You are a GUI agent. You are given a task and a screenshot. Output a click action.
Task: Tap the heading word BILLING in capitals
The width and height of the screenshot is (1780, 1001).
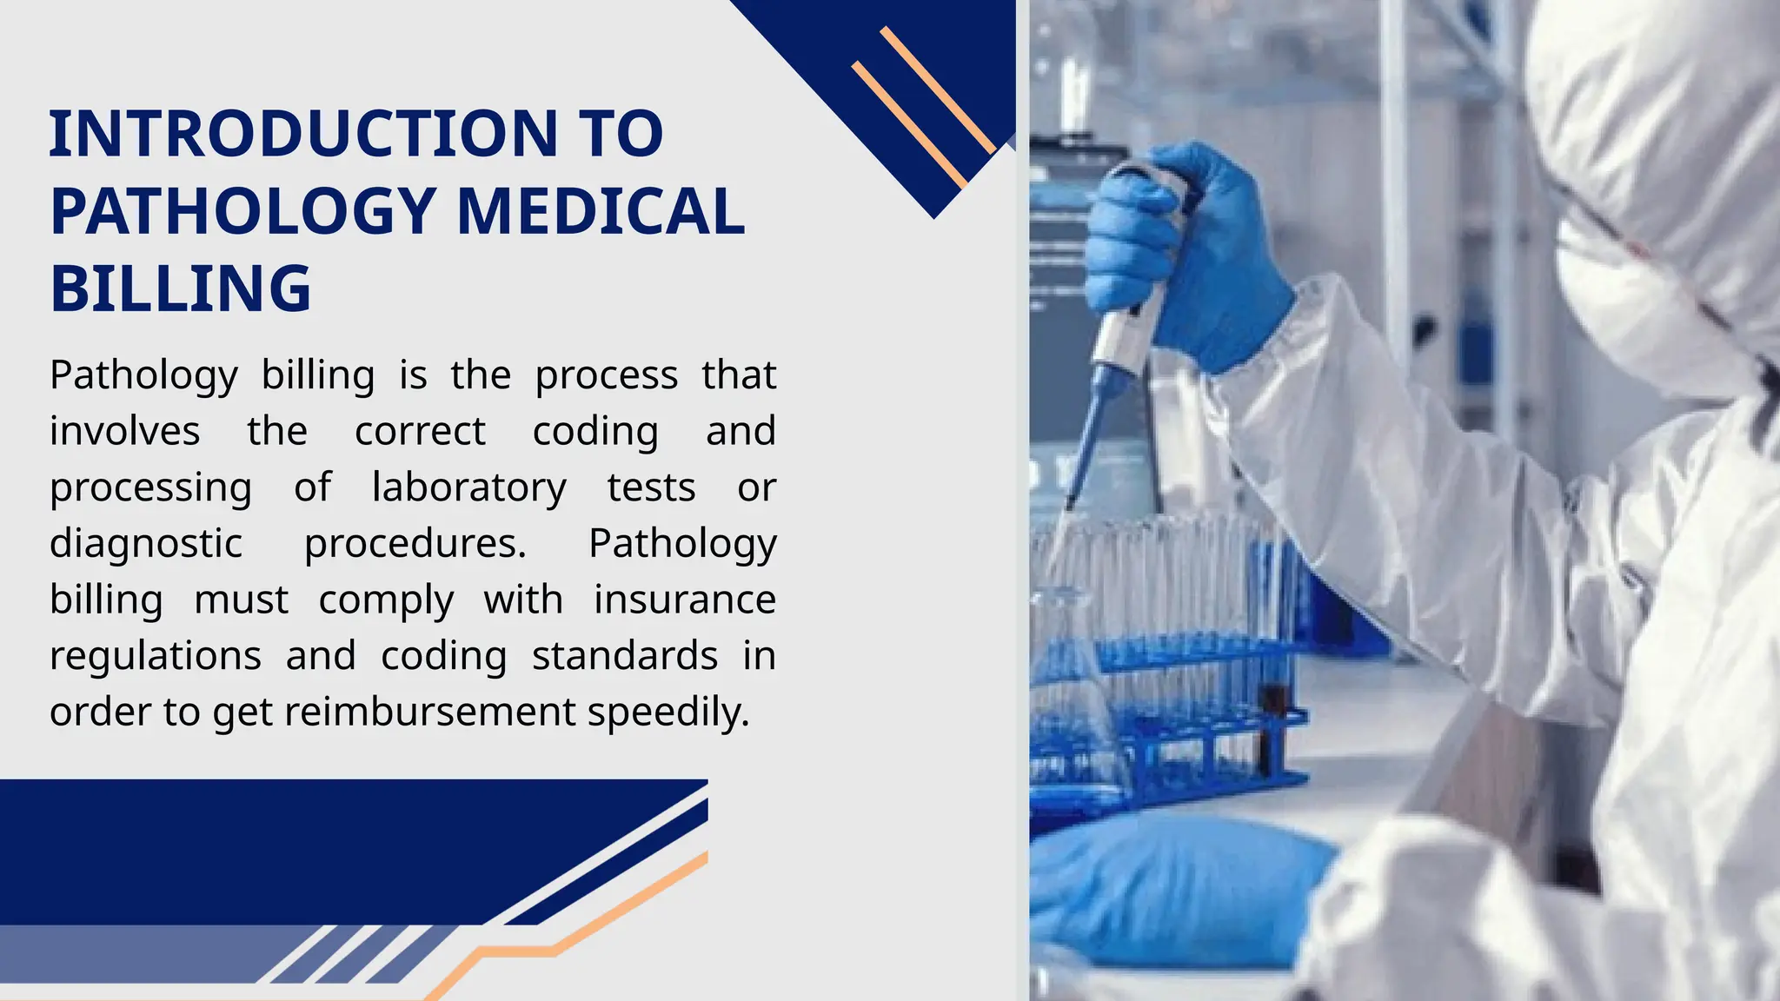181,288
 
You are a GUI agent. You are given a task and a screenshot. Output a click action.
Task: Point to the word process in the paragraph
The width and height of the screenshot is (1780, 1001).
606,375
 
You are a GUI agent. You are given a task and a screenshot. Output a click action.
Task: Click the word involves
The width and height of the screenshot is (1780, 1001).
124,431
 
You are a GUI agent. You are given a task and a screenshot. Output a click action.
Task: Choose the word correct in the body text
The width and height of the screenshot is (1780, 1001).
420,431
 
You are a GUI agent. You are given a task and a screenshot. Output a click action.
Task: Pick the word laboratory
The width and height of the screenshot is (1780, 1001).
468,487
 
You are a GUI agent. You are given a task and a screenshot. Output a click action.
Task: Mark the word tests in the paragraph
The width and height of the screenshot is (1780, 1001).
651,487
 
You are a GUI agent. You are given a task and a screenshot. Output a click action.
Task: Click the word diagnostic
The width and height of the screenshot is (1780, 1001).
145,544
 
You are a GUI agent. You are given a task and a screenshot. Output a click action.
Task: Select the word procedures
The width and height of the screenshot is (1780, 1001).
415,544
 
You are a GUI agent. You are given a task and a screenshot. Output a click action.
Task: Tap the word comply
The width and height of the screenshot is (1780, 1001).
386,600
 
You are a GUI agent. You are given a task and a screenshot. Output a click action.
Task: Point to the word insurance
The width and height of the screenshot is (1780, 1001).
685,600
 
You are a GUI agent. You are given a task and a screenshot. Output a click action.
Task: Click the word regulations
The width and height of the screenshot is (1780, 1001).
156,656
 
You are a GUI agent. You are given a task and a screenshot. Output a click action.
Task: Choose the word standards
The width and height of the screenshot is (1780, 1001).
625,656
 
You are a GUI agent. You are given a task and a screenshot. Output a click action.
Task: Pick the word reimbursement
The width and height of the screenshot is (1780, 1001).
429,712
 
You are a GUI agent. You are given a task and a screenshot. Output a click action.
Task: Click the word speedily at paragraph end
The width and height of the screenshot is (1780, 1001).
667,713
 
